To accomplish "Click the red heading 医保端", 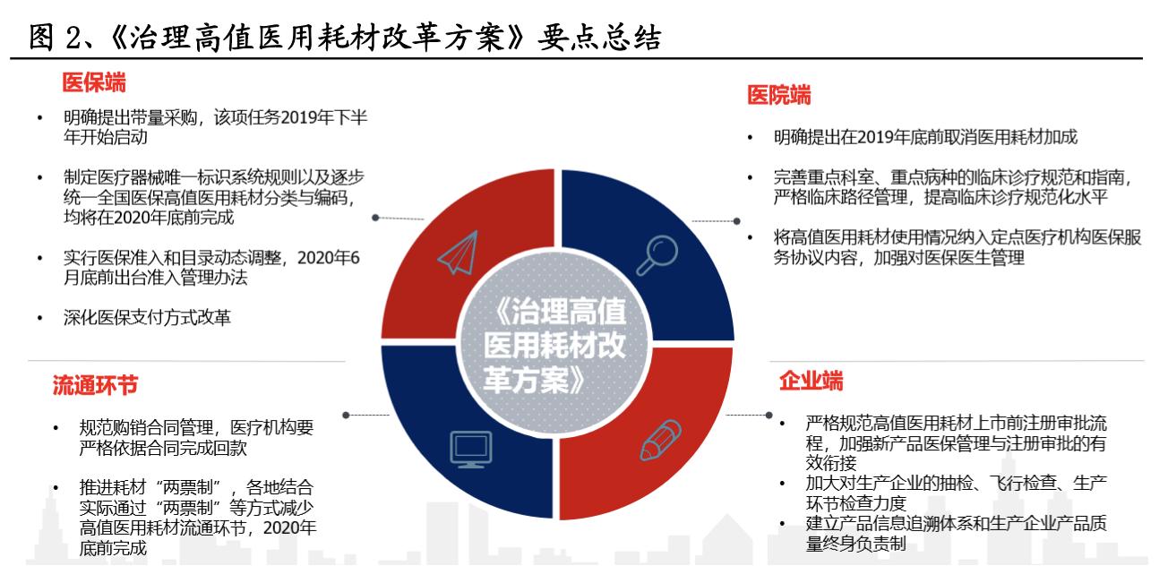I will click(x=93, y=83).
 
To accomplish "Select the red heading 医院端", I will click(x=779, y=95).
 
